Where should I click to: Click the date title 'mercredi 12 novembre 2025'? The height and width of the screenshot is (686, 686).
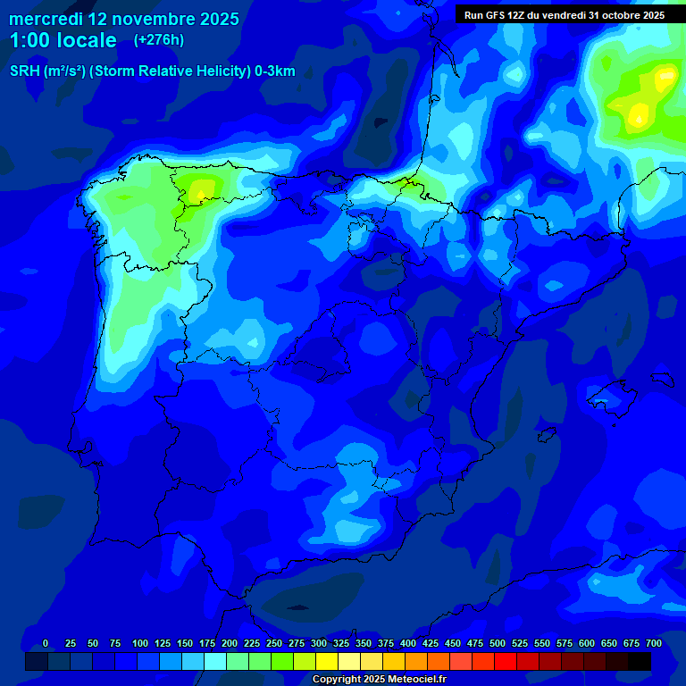pos(124,19)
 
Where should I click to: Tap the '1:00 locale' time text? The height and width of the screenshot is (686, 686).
pos(63,40)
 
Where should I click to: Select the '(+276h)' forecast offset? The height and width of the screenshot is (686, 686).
pos(158,39)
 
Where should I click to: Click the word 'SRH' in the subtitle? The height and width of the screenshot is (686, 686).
pos(24,71)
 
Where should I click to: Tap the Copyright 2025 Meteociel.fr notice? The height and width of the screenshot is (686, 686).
pos(379,680)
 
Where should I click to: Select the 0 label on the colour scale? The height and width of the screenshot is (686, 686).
pos(46,643)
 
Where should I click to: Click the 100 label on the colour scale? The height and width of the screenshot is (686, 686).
pos(140,643)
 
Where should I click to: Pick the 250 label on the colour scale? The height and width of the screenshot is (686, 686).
pos(274,643)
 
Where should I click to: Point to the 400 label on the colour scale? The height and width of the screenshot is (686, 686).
pos(408,643)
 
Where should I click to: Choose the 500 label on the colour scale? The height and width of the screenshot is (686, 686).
pos(498,643)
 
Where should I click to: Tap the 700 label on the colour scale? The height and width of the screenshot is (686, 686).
pos(654,643)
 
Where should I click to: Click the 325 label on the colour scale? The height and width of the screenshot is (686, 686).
pos(341,643)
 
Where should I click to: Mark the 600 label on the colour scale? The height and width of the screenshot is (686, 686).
pos(587,643)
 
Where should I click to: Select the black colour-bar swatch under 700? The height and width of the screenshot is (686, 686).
pos(640,661)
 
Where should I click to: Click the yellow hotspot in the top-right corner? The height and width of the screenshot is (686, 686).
pos(640,113)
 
